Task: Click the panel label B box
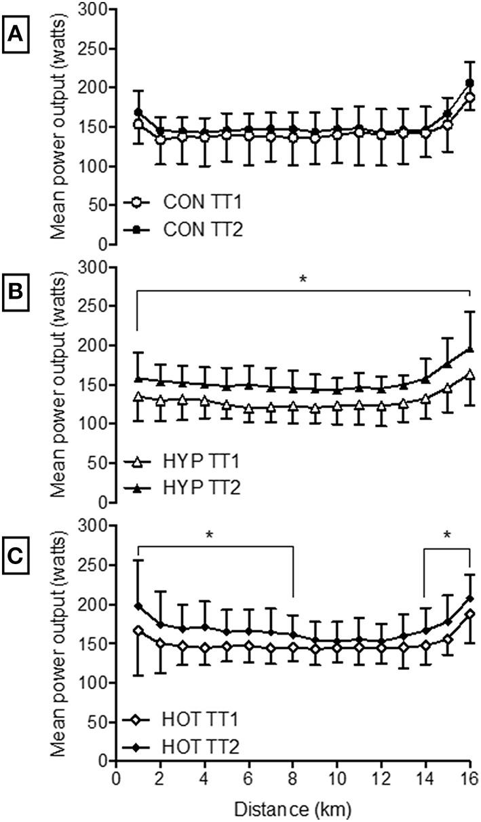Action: [16, 293]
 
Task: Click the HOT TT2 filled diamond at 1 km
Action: [138, 605]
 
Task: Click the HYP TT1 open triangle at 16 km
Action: [469, 374]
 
